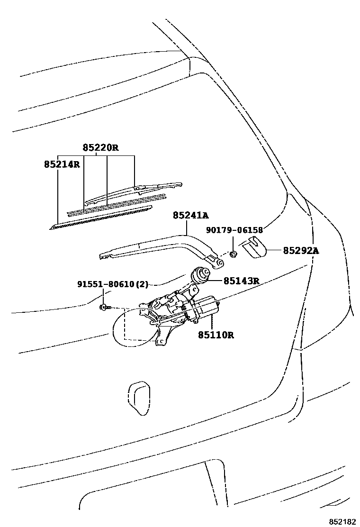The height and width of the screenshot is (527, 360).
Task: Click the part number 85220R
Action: click(x=100, y=147)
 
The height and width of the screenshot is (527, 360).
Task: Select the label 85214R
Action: click(x=62, y=165)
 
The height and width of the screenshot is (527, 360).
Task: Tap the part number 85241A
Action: click(x=190, y=216)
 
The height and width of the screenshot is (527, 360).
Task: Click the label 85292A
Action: click(x=301, y=250)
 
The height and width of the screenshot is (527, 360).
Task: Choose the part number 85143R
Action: click(x=241, y=281)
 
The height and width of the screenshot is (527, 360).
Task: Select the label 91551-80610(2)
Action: click(x=113, y=284)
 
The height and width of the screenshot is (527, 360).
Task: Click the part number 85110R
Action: click(x=216, y=335)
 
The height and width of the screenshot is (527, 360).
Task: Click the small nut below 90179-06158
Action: click(x=234, y=254)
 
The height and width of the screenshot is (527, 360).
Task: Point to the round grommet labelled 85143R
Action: click(x=200, y=275)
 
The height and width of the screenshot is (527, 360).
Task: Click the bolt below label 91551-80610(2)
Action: click(x=104, y=307)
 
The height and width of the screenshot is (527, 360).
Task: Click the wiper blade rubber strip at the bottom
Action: click(x=102, y=216)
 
